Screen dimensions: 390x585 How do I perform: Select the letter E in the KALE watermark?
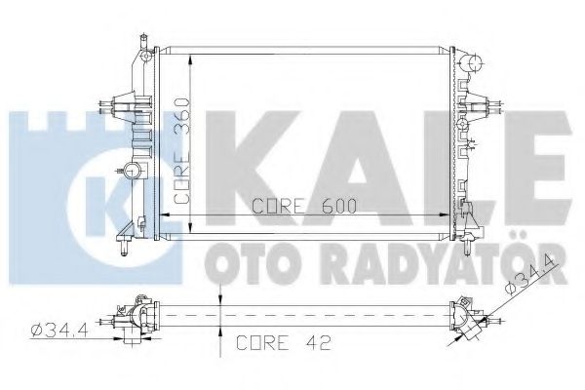point(531,156)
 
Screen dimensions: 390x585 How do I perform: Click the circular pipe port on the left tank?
point(132,173)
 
